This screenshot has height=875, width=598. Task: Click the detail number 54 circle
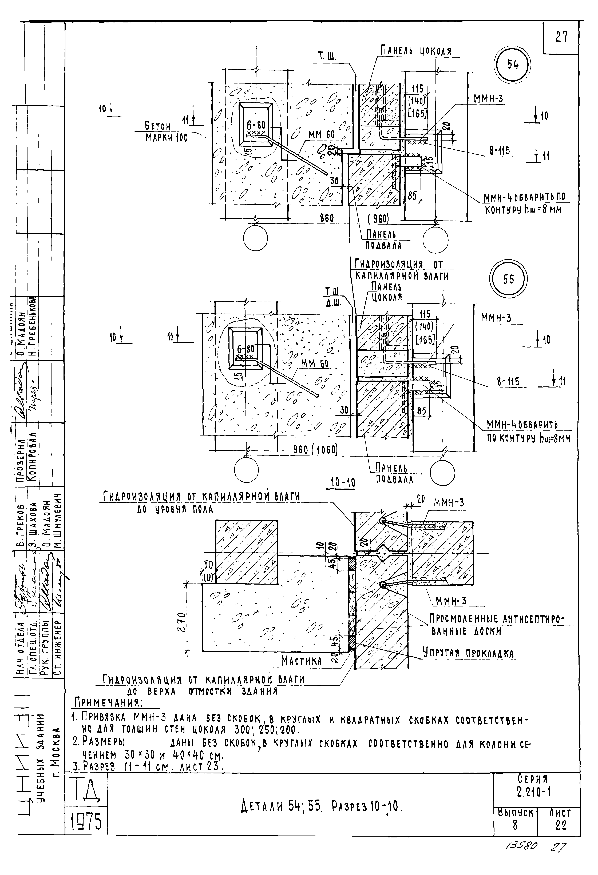(x=513, y=65)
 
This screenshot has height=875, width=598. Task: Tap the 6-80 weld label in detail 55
(x=245, y=349)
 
